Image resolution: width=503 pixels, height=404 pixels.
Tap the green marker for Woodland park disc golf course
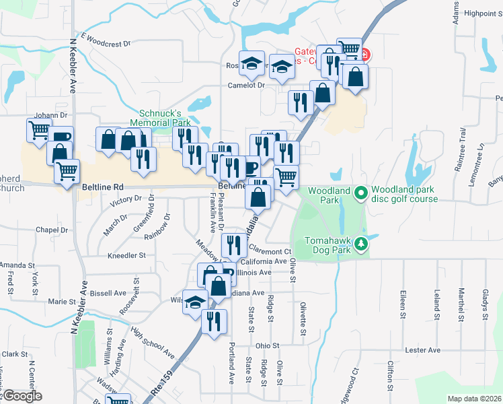(360, 194)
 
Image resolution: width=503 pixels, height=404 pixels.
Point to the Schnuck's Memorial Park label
(165, 118)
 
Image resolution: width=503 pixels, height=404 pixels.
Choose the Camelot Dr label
(246, 85)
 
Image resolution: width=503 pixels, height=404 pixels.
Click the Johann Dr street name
(52, 115)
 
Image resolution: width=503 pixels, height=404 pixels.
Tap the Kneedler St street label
(127, 256)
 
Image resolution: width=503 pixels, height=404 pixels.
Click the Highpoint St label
(479, 13)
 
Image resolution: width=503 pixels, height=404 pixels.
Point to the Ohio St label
(267, 345)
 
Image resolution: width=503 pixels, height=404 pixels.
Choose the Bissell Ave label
(108, 293)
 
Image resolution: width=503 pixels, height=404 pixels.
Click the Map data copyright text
(474, 399)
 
